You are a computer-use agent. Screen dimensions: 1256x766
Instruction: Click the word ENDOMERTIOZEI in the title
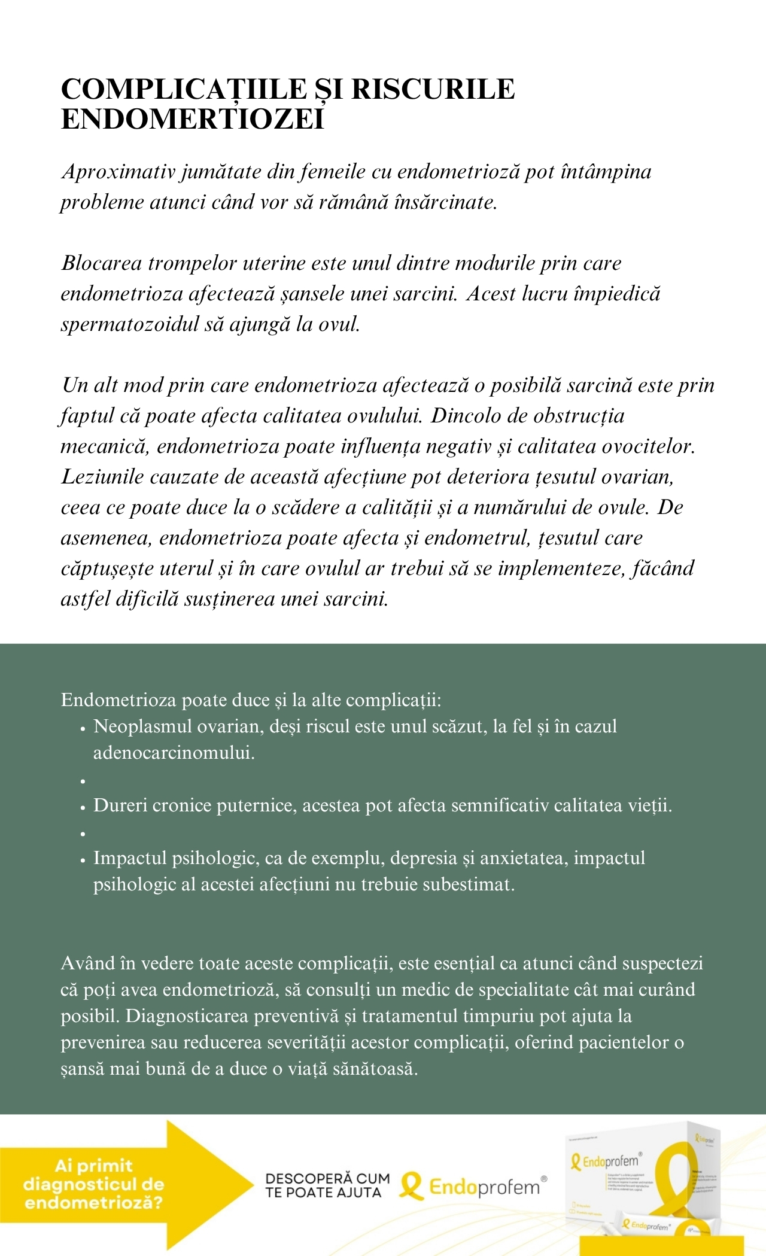(x=192, y=119)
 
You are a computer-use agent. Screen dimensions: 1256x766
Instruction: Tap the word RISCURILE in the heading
(x=433, y=89)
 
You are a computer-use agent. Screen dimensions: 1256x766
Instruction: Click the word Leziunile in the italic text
(x=102, y=477)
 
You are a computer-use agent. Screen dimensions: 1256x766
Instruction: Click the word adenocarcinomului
(x=174, y=753)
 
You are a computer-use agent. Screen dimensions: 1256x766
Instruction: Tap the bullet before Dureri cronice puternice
(x=83, y=807)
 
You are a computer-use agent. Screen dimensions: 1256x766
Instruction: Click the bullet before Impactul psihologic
(x=83, y=859)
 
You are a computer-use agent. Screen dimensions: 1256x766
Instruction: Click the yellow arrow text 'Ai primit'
(x=93, y=1165)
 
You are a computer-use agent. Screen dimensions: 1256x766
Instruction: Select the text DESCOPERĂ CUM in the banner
(x=327, y=1178)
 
